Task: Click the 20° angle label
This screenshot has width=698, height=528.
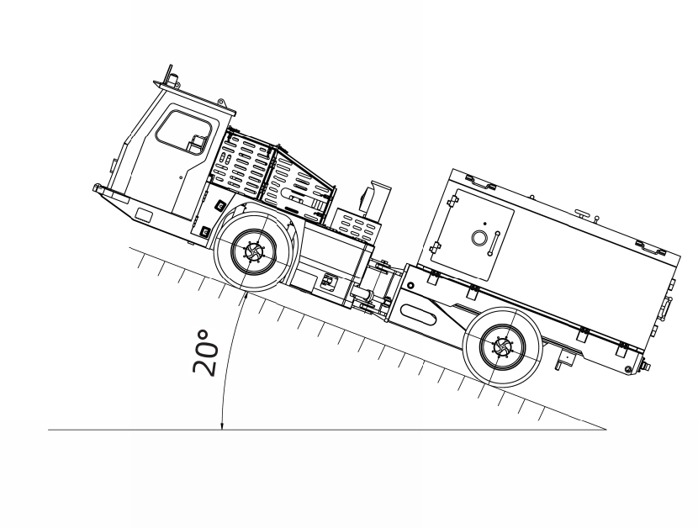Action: pos(206,353)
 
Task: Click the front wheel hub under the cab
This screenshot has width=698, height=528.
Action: pos(254,252)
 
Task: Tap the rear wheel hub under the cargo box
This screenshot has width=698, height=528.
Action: pos(503,346)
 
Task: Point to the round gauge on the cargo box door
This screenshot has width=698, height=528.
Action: pos(479,238)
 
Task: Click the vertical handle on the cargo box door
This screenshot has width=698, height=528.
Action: pos(494,244)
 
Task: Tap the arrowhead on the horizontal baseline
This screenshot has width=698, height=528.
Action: pos(222,426)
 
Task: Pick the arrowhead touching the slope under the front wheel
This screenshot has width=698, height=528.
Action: pos(245,296)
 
